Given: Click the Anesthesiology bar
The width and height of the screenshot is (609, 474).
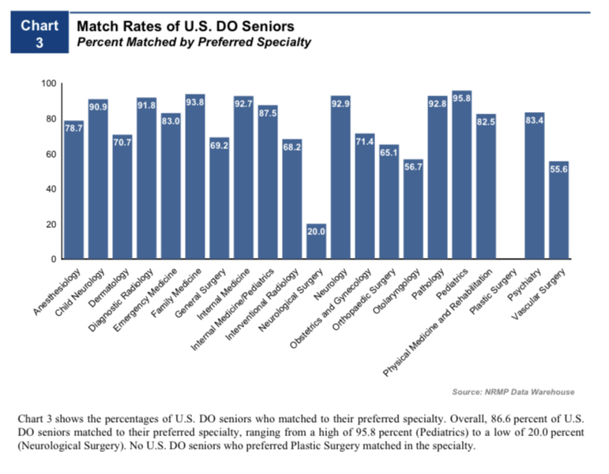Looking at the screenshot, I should tap(73, 190).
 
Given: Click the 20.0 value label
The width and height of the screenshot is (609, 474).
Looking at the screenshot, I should tap(316, 230).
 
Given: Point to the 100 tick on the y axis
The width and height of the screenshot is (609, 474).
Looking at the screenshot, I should tap(48, 84).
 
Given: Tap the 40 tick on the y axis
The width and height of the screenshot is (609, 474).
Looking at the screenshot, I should tap(51, 189).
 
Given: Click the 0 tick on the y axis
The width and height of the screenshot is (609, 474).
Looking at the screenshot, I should tap(53, 259).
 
